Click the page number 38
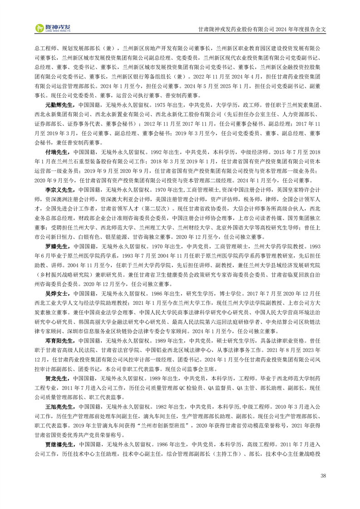323,476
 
